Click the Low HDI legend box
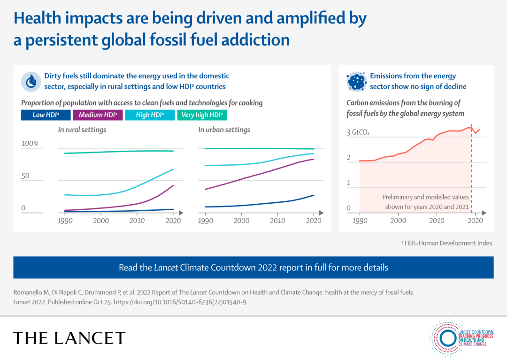point(45,115)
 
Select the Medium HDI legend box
point(98,115)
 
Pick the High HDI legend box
point(149,115)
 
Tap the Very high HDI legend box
point(202,115)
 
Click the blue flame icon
point(31,82)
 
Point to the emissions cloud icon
point(356,82)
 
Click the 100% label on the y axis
point(31,144)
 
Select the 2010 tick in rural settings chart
point(137,221)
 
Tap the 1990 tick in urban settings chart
point(206,221)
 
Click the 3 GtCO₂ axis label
point(358,133)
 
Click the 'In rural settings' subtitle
point(82,130)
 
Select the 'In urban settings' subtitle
point(224,130)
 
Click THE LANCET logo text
point(69,338)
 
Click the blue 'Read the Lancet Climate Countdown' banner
point(253,268)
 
